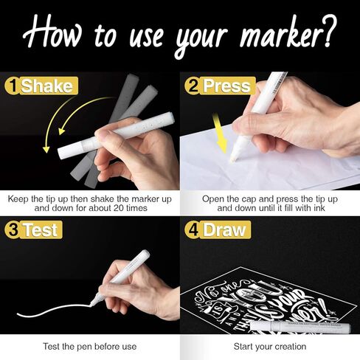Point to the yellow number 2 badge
pyautogui.click(x=192, y=87)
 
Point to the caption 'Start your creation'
pyautogui.click(x=270, y=346)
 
